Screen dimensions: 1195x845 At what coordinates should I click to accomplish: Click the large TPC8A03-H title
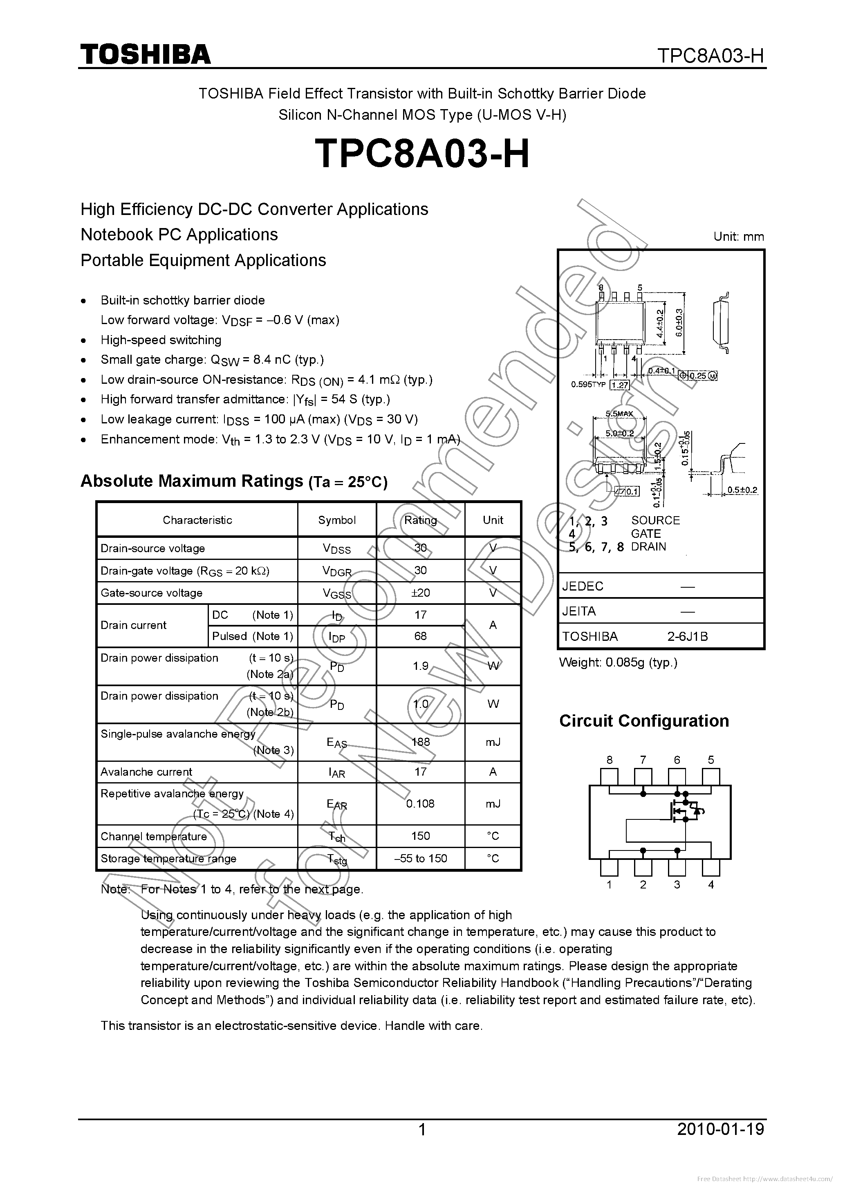coord(422,154)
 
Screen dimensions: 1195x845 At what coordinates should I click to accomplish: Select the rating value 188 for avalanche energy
coord(420,742)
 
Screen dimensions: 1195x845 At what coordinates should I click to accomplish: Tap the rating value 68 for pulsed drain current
coord(420,636)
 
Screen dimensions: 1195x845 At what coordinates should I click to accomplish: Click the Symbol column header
coord(337,520)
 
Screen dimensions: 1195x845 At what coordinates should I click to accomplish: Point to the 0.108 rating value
coord(420,803)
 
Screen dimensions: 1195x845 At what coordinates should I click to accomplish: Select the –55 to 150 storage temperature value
coord(420,858)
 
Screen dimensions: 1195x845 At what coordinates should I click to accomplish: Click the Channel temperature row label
coord(154,837)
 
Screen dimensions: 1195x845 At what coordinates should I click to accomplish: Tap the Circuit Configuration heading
coord(644,721)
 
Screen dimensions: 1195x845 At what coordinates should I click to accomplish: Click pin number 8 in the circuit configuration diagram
coord(609,760)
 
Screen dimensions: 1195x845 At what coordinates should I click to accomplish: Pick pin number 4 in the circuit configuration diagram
coord(711,884)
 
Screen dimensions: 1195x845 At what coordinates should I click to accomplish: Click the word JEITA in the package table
coord(578,611)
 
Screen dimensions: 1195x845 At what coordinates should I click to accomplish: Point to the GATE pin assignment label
coord(646,533)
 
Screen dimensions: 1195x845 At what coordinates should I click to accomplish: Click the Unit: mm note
coord(738,237)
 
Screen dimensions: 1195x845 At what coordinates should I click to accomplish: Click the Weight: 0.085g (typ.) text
coord(618,662)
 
